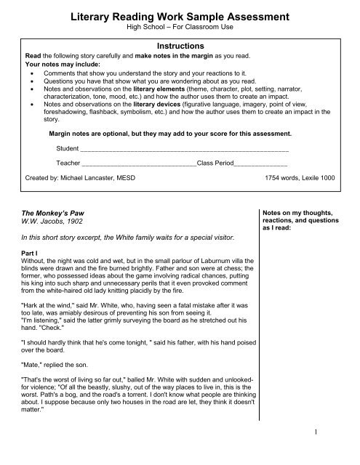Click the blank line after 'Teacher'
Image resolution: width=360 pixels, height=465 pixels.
pos(139,163)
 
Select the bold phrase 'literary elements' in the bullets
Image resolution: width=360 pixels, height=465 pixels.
pos(146,88)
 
